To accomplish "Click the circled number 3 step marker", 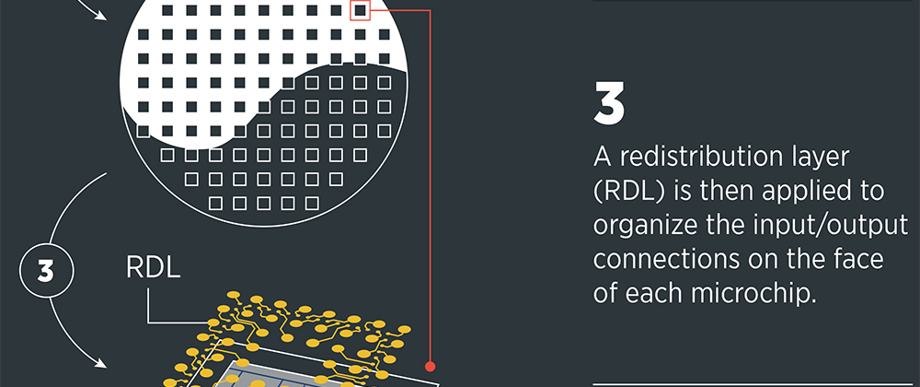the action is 46,272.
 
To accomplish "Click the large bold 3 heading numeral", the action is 608,103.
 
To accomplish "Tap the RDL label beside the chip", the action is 153,268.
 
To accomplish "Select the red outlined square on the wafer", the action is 361,10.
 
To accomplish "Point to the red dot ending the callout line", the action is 430,366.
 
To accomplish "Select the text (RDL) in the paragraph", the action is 628,192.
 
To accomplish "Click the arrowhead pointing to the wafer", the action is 101,16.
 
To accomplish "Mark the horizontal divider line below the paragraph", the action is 756,385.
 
